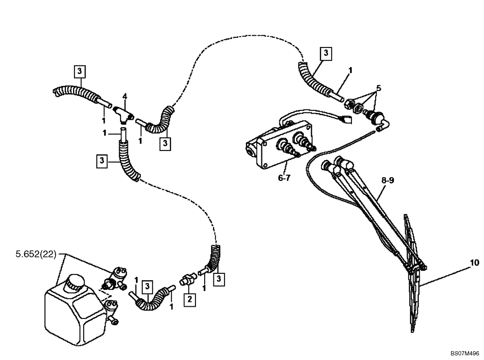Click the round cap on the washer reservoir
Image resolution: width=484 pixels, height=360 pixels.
tap(75, 283)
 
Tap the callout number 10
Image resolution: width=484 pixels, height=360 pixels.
tap(474, 263)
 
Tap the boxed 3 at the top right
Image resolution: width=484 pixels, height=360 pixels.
tap(326, 53)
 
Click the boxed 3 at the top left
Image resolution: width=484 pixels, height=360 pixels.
tap(80, 71)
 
